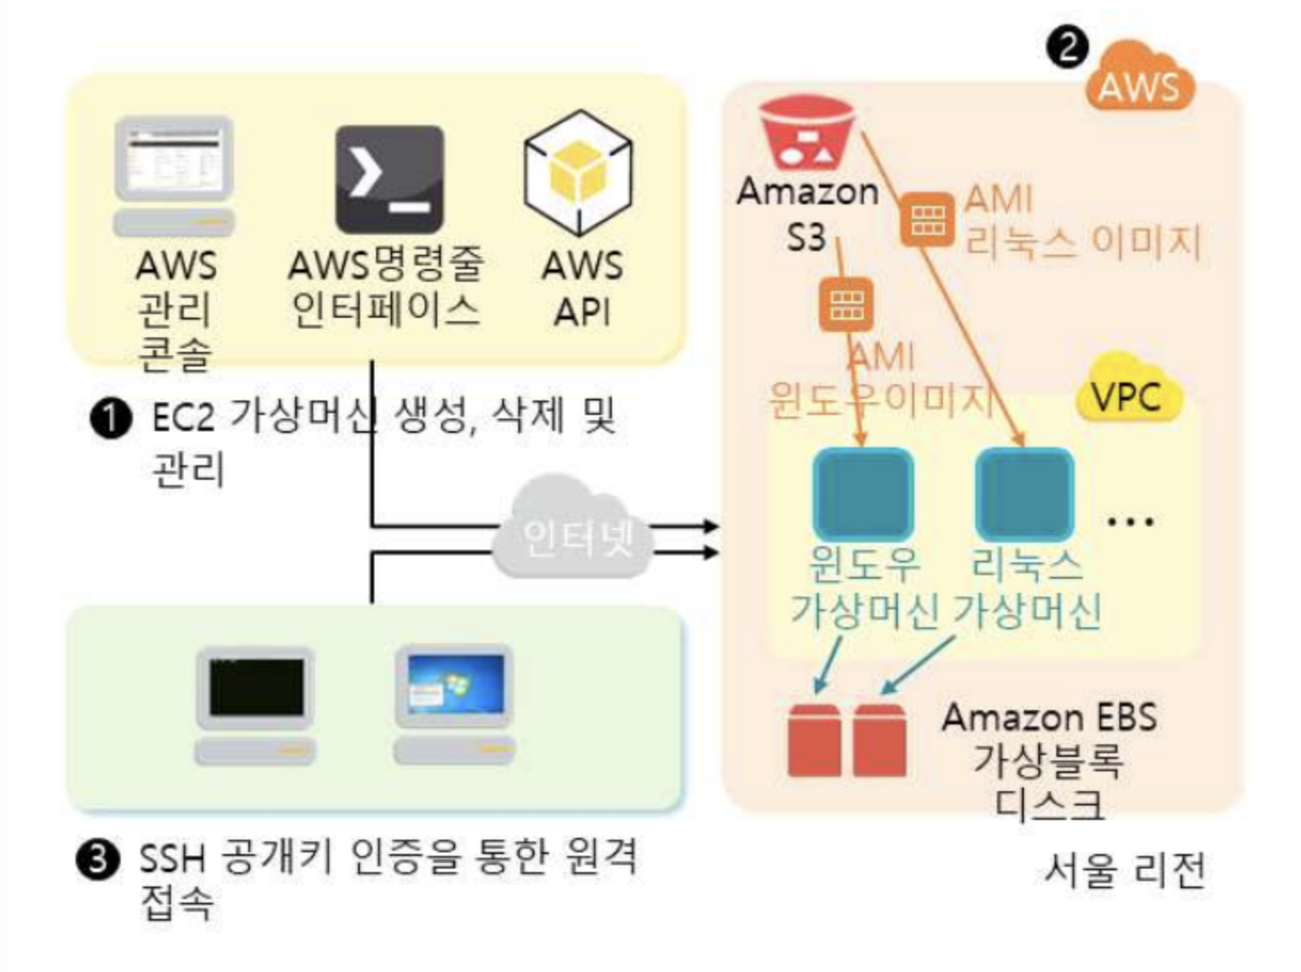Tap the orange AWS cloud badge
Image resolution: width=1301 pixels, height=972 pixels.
pos(1139,79)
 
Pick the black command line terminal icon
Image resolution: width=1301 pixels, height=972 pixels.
pos(390,179)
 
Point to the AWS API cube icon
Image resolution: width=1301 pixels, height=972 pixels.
pos(579,173)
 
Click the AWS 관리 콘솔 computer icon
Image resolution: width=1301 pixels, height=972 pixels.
pos(175,175)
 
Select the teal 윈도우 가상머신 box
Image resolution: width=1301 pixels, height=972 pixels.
pos(863,493)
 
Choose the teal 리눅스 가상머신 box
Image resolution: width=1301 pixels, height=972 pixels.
pos(1025,493)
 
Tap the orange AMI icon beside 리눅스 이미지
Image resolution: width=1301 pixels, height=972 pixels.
pos(927,219)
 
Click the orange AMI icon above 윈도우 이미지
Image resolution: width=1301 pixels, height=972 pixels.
pos(846,304)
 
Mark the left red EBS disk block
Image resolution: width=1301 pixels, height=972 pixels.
pos(813,740)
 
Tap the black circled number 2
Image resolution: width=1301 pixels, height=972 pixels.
pos(1067,46)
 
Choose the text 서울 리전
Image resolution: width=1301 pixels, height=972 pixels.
pos(1125,869)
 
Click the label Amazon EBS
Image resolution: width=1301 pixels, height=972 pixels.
pos(1049,717)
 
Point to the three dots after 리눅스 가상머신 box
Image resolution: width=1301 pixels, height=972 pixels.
pos(1130,521)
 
